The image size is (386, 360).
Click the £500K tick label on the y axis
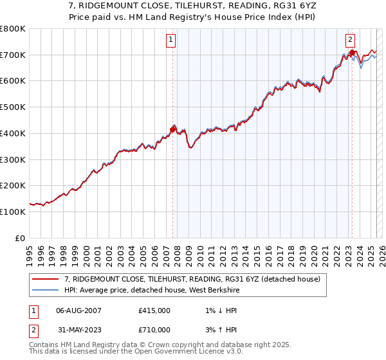click(x=13, y=107)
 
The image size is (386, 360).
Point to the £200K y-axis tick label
click(x=13, y=186)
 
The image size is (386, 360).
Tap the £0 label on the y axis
click(x=21, y=238)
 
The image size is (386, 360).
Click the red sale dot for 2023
click(x=352, y=52)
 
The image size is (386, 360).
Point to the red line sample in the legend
click(x=46, y=280)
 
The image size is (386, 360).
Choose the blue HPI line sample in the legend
click(x=46, y=290)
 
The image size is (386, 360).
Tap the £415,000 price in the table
click(x=154, y=310)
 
